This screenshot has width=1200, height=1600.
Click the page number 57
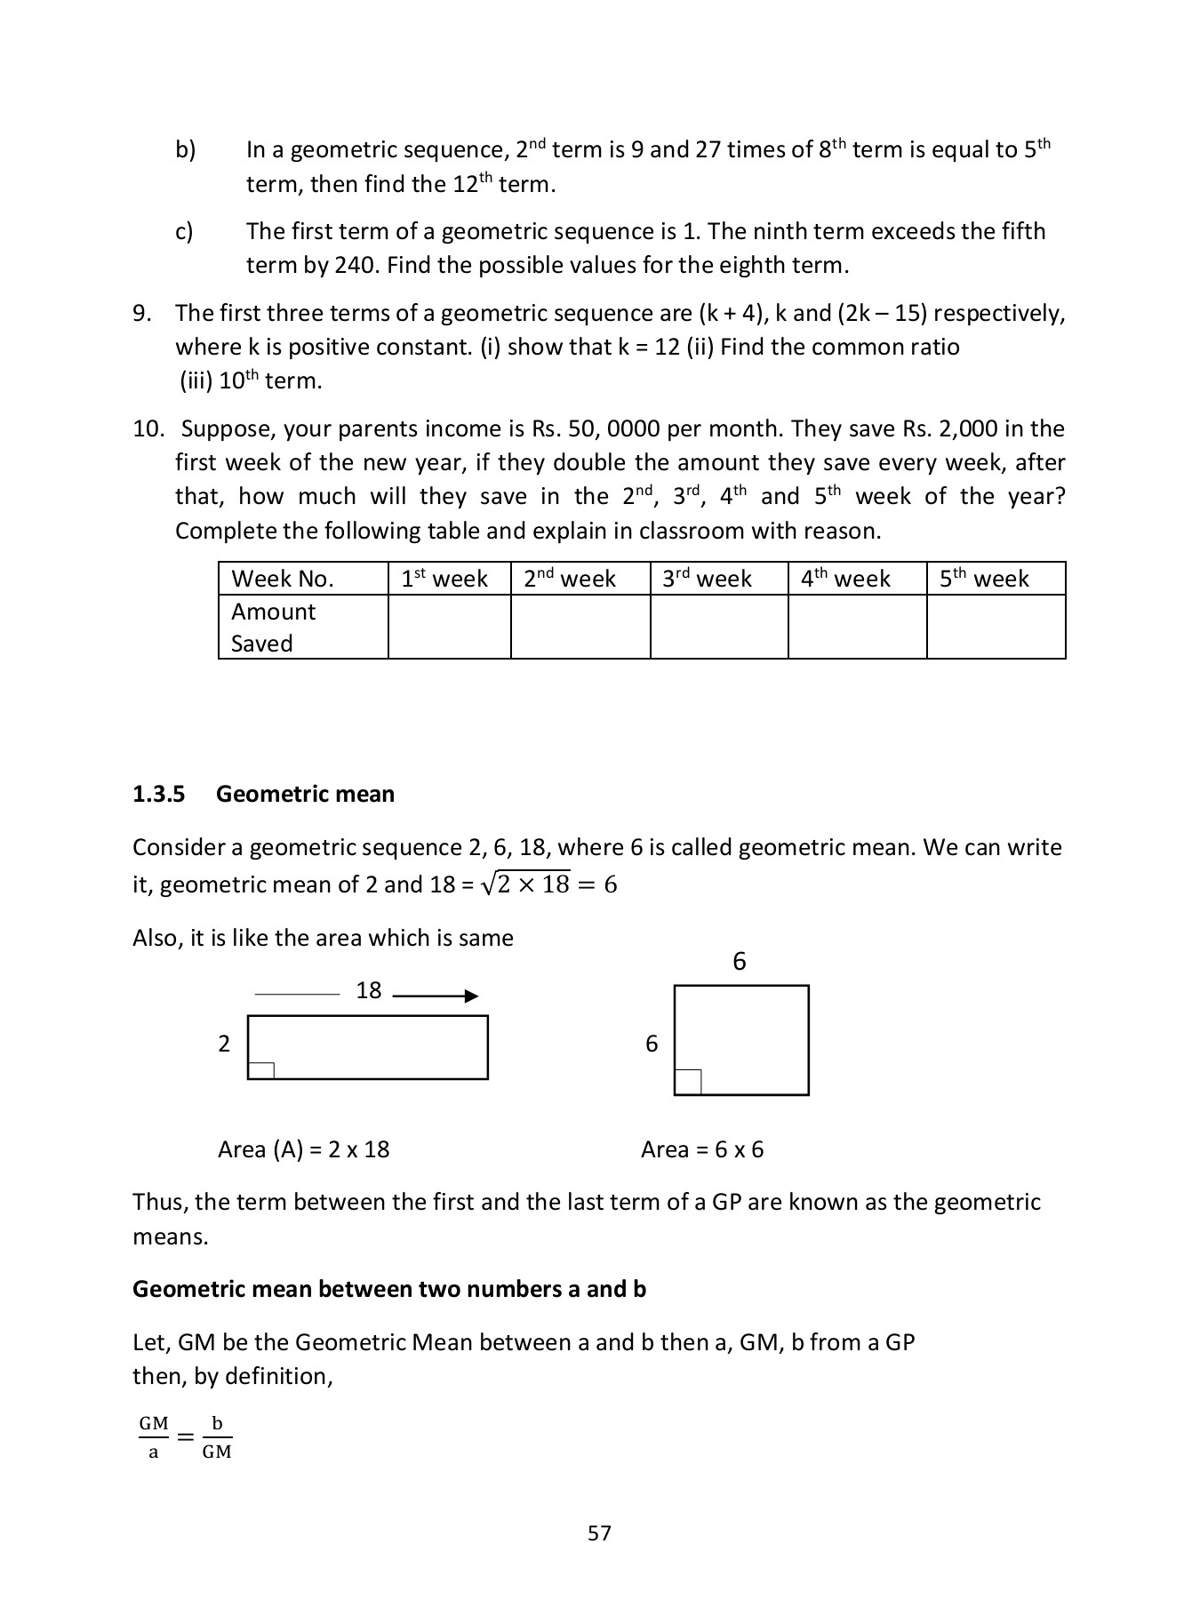point(599,1533)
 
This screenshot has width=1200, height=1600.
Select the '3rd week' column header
point(707,579)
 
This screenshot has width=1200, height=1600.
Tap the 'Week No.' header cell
point(283,579)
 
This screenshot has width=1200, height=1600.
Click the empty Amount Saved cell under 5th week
point(996,627)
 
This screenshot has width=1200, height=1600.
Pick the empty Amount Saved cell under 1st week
point(449,627)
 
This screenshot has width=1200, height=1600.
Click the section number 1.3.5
point(158,794)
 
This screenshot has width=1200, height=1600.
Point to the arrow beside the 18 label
point(436,996)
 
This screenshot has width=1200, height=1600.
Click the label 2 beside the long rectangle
point(224,1044)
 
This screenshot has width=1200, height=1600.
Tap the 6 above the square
point(739,962)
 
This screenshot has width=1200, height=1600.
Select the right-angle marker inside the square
point(688,1082)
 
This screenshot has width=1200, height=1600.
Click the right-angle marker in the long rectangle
point(260,1070)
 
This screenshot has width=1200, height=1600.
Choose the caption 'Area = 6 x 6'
point(702,1149)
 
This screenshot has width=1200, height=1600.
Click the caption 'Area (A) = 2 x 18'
point(304,1149)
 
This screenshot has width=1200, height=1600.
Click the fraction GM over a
point(153,1437)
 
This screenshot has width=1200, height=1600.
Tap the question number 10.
point(148,428)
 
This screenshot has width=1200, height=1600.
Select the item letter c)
point(184,231)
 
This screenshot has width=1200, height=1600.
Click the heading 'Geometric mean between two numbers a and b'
point(388,1289)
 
